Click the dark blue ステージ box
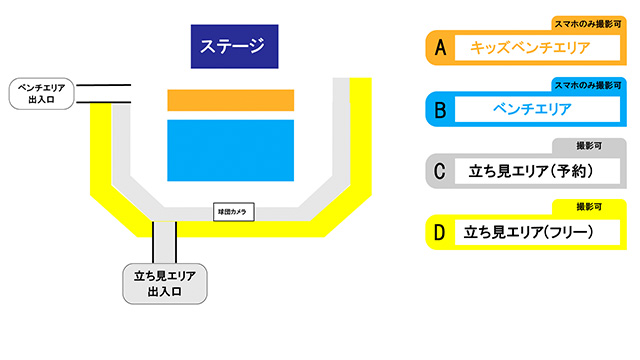pyautogui.click(x=233, y=45)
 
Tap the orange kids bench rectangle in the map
pyautogui.click(x=230, y=100)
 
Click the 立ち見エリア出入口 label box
pyautogui.click(x=164, y=283)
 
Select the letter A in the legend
pyautogui.click(x=438, y=46)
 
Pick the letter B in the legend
pyautogui.click(x=438, y=108)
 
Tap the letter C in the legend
pyautogui.click(x=438, y=171)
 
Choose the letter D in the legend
pyautogui.click(x=438, y=233)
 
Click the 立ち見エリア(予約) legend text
pyautogui.click(x=530, y=171)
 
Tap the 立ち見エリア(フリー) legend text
pyautogui.click(x=530, y=233)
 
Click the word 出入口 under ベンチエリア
pyautogui.click(x=40, y=101)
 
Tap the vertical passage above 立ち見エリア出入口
pyautogui.click(x=164, y=242)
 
